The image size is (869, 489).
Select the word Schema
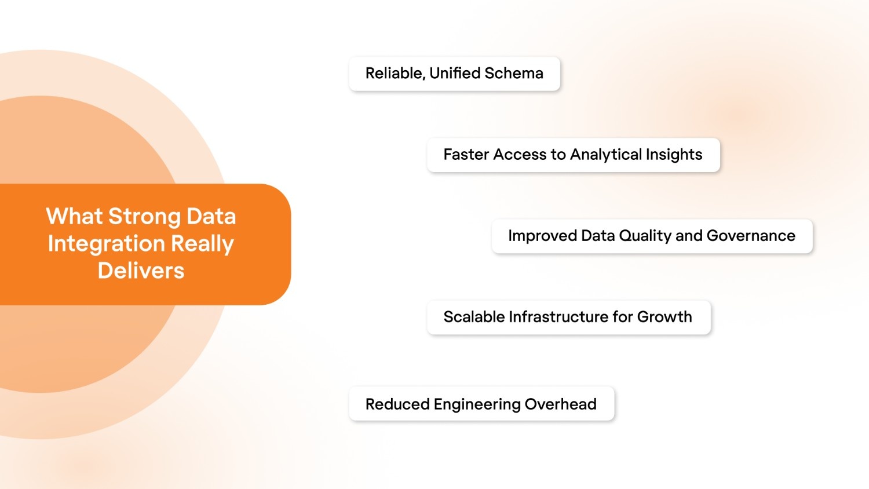click(x=514, y=74)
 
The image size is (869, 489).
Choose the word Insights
click(x=674, y=155)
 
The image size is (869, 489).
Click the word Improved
click(x=542, y=236)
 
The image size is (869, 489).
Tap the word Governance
click(x=751, y=236)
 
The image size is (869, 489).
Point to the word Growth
click(x=664, y=317)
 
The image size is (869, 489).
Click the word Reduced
click(x=397, y=404)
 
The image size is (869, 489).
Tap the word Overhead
click(x=560, y=404)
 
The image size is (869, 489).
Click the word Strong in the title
click(x=144, y=217)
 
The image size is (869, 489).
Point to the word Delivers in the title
click(x=141, y=271)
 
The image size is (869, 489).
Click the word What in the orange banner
click(x=74, y=217)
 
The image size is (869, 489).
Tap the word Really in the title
click(x=202, y=244)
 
